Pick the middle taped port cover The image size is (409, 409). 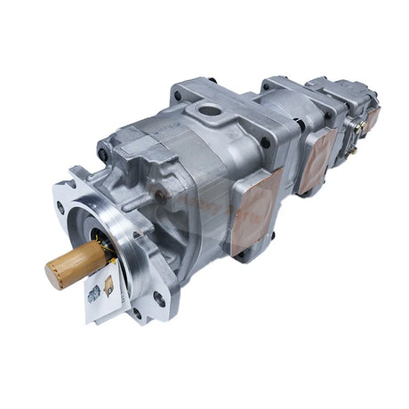point(316,161)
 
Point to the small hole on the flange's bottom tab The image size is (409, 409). point(135,312)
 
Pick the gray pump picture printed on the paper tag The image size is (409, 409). point(94,295)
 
